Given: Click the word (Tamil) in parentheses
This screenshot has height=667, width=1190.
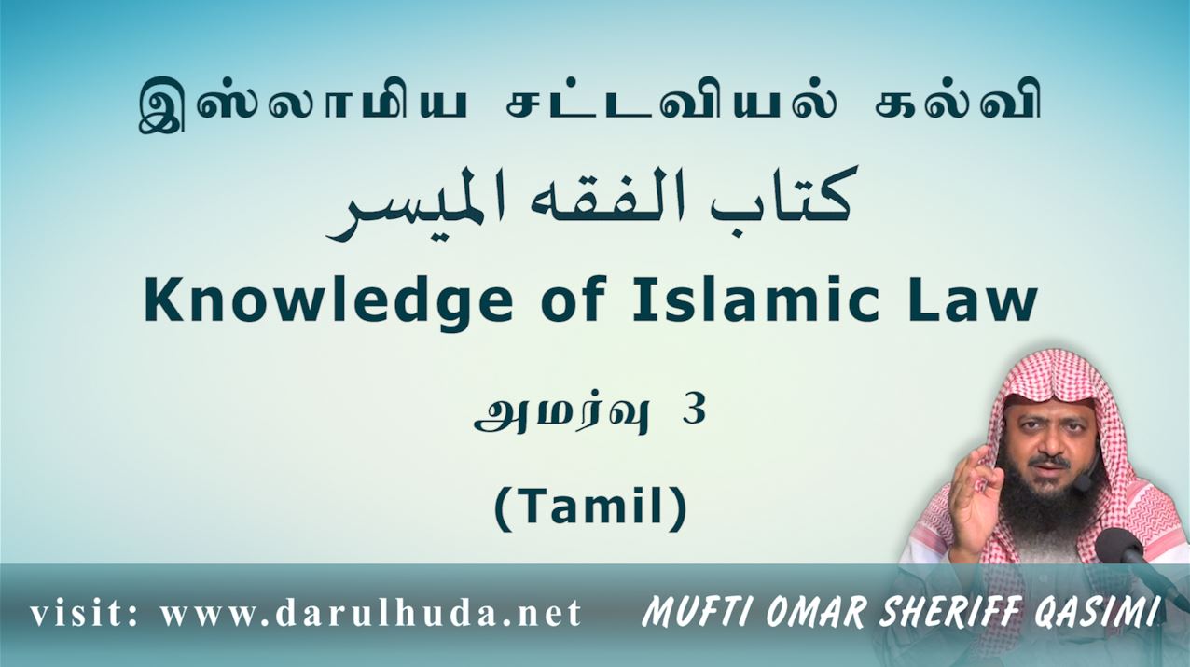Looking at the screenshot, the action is [x=591, y=505].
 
